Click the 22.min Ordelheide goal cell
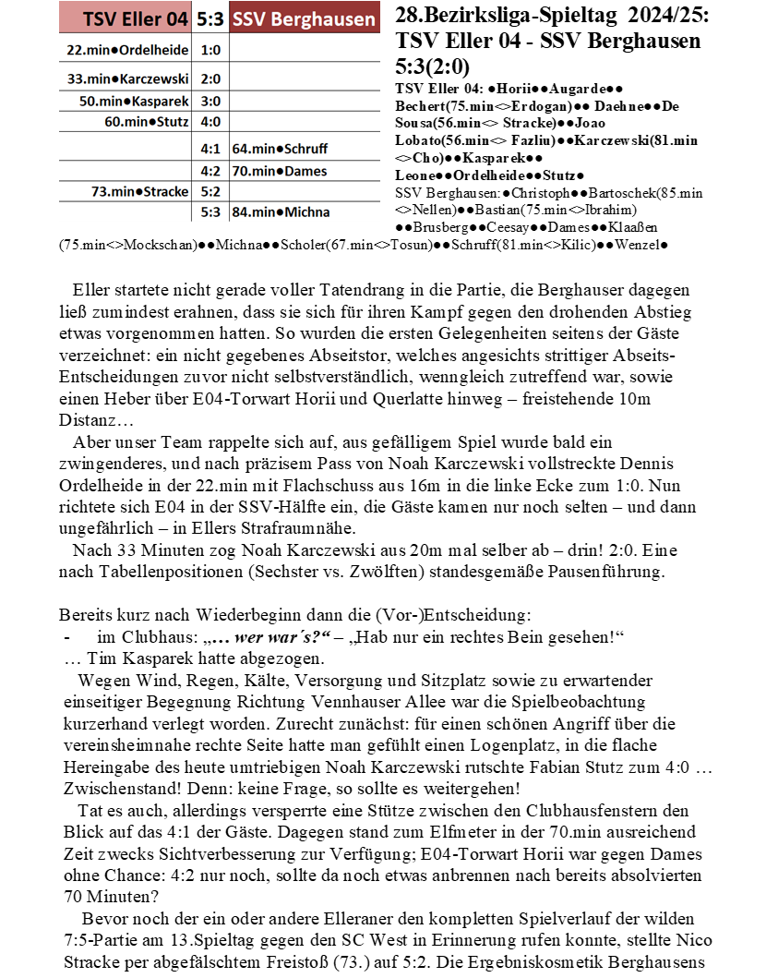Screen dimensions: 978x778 tap(127, 50)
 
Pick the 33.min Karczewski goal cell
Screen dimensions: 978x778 tap(127, 79)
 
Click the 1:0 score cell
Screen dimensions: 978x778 tap(210, 50)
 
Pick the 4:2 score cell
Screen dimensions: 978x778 tap(210, 171)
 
